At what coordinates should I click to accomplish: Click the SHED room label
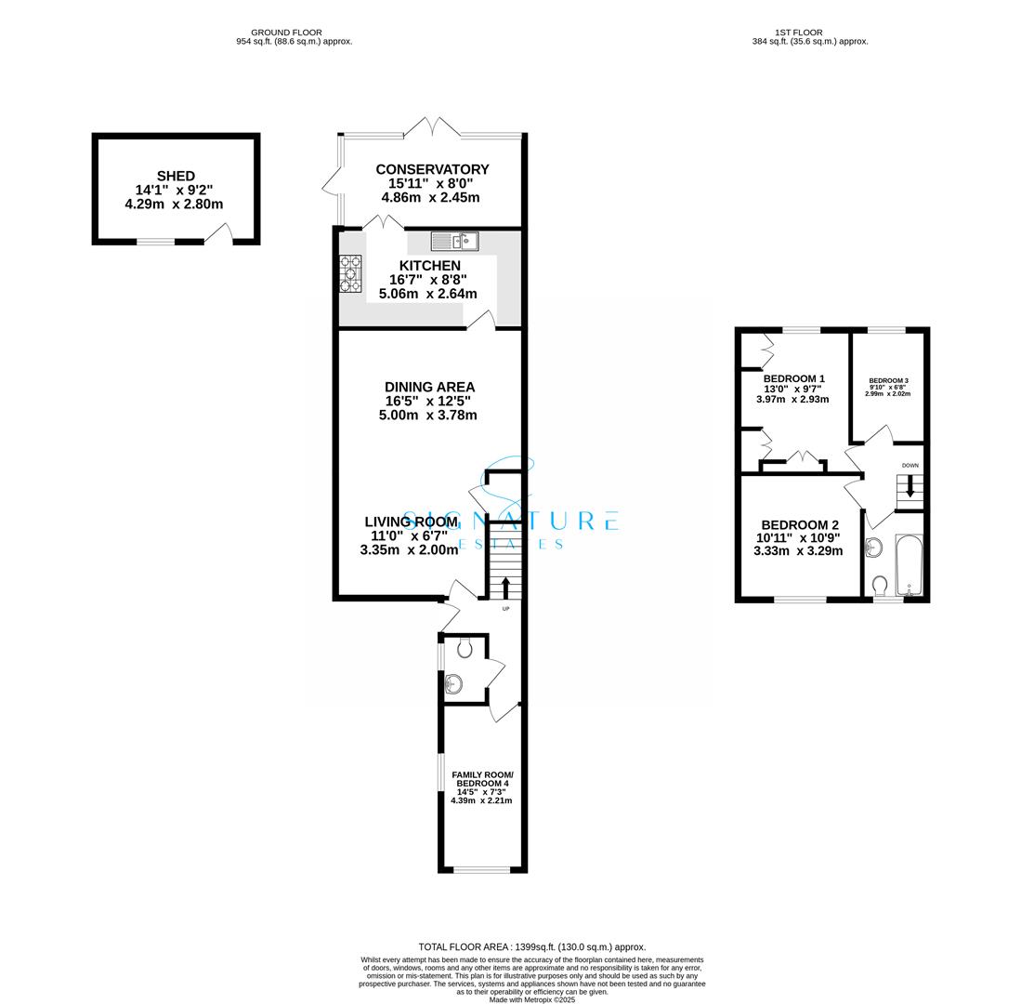[x=176, y=176]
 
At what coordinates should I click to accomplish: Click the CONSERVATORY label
[x=432, y=169]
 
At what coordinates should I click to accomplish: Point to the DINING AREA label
[x=429, y=387]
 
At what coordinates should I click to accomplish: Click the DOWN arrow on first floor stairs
[x=910, y=486]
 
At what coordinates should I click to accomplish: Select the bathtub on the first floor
[x=908, y=565]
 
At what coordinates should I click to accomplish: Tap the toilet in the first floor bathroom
[x=880, y=585]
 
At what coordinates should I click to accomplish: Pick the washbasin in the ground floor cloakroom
[x=453, y=685]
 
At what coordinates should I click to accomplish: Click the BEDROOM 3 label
[x=888, y=381]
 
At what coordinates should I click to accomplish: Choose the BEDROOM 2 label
[x=800, y=525]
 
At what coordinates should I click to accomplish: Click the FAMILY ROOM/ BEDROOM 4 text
[x=482, y=779]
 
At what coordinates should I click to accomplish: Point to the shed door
[x=217, y=234]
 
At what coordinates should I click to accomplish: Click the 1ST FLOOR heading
[x=798, y=33]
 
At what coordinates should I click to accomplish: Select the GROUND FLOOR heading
[x=286, y=33]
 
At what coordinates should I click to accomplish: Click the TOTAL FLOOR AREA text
[x=531, y=946]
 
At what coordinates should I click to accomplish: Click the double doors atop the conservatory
[x=429, y=127]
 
